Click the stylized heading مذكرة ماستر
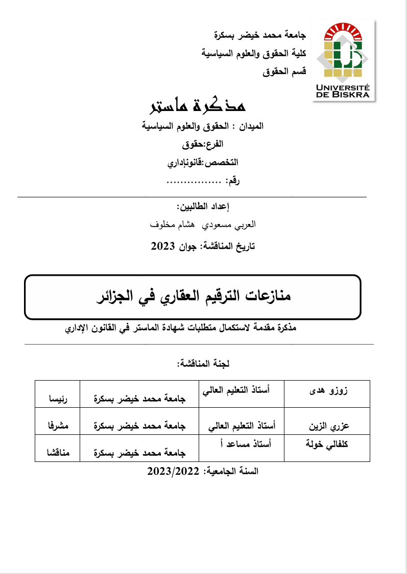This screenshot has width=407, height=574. pyautogui.click(x=197, y=104)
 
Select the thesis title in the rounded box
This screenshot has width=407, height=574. pyautogui.click(x=193, y=297)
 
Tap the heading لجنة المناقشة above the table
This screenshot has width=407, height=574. pyautogui.click(x=203, y=364)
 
